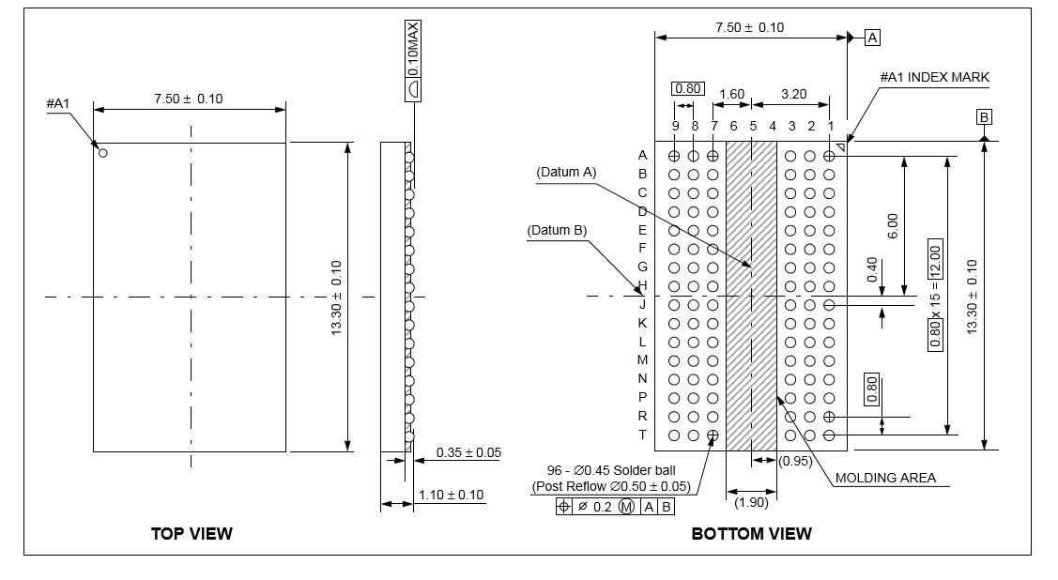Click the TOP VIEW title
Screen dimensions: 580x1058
click(x=192, y=533)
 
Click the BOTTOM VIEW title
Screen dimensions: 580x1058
click(x=751, y=533)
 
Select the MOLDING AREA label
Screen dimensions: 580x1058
click(x=885, y=478)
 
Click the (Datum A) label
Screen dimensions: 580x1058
click(x=566, y=172)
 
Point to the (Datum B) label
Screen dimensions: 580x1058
click(x=557, y=230)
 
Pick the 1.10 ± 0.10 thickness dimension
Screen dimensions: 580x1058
click(x=452, y=495)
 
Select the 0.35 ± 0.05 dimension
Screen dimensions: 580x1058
click(x=468, y=452)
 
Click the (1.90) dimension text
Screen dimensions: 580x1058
click(x=752, y=502)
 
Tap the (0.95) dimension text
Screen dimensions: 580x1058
click(x=796, y=460)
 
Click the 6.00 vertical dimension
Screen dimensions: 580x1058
click(x=892, y=225)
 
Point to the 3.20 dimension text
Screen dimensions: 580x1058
click(x=793, y=94)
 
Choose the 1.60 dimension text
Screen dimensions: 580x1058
click(x=730, y=94)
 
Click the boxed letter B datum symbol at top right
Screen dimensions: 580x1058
click(x=984, y=117)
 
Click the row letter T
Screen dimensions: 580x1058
click(x=643, y=435)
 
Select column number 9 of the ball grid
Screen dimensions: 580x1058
click(x=675, y=126)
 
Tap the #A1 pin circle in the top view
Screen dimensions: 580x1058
click(x=103, y=153)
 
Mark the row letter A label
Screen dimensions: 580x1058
click(x=643, y=155)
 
